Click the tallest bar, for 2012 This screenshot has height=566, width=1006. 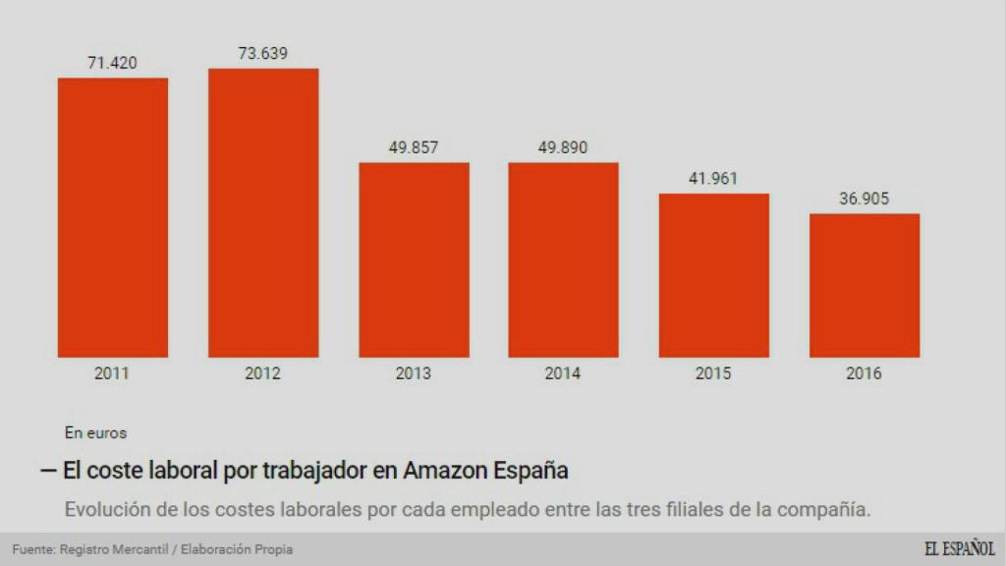click(262, 212)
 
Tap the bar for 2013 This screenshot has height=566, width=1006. click(413, 259)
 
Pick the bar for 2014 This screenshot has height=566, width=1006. click(563, 259)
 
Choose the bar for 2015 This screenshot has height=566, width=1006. click(713, 275)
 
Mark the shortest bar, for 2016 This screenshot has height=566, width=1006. click(864, 285)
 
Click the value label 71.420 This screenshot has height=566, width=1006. click(112, 63)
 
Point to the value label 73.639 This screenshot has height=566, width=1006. click(262, 53)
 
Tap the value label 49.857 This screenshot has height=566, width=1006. click(413, 147)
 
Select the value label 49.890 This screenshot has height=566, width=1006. click(563, 147)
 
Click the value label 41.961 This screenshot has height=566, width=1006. click(713, 179)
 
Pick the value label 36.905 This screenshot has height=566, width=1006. click(864, 198)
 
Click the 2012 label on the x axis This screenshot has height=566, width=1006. click(262, 373)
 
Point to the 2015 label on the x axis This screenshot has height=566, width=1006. click(713, 373)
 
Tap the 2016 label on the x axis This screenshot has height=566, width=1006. click(864, 373)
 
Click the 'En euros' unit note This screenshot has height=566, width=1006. click(95, 431)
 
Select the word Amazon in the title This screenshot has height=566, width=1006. click(443, 471)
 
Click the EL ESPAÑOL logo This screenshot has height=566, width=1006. click(959, 549)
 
